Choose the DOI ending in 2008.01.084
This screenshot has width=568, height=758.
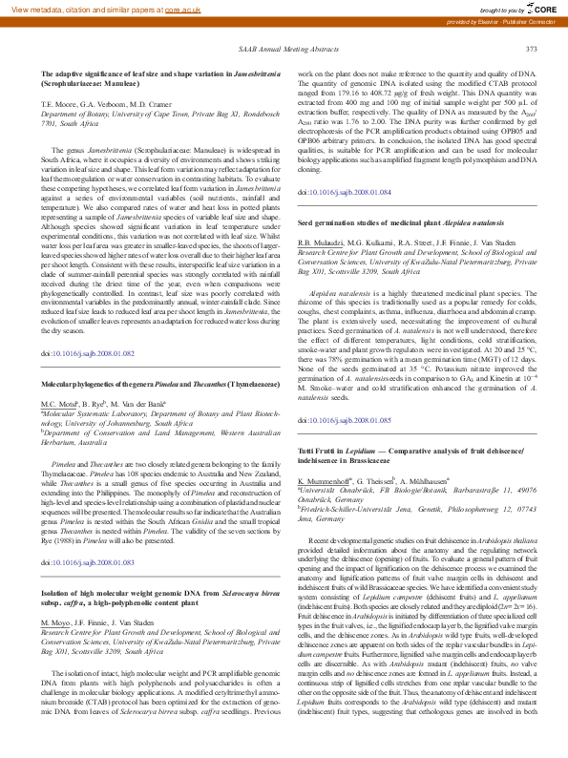tap(344, 192)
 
